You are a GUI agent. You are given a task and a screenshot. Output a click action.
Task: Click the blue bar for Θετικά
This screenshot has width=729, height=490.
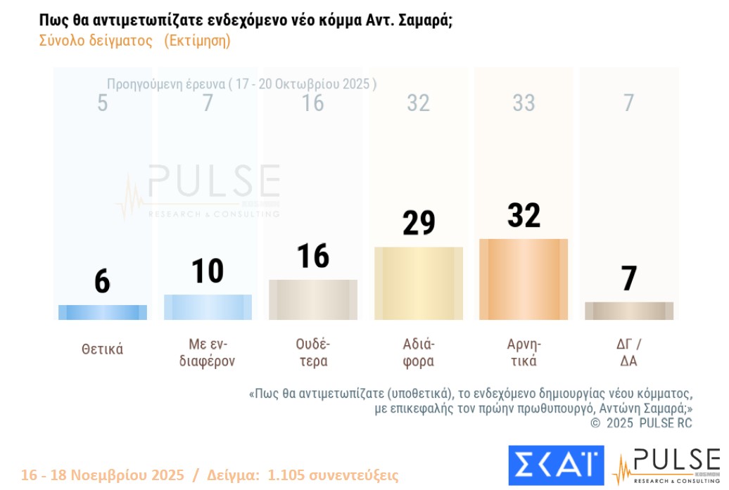tap(102, 313)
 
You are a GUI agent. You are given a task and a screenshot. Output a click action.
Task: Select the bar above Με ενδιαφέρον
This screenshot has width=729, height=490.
tap(208, 307)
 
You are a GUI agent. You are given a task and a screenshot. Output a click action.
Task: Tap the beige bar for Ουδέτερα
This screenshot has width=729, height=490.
tap(313, 300)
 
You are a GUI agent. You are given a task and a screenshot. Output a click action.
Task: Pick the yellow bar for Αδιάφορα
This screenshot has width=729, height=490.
tap(419, 283)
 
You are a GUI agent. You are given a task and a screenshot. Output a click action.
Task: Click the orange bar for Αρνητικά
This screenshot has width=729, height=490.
tap(524, 280)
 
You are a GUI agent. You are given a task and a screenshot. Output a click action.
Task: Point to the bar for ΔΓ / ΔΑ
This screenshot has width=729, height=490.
tap(629, 311)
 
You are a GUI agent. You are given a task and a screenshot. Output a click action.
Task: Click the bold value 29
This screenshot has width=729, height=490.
tap(419, 223)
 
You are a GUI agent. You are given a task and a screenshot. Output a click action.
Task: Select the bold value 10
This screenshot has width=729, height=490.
tap(208, 271)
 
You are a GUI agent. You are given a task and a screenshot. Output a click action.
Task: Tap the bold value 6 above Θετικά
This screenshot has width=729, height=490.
tap(102, 281)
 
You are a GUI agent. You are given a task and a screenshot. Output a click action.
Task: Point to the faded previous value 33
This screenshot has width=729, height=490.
tap(524, 103)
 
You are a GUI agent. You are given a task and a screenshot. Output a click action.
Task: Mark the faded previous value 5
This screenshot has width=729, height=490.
tap(102, 103)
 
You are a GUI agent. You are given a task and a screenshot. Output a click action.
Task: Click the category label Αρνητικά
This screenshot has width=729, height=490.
tap(524, 353)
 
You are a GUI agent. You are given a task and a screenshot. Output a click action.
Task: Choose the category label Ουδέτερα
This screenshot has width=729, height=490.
tap(313, 353)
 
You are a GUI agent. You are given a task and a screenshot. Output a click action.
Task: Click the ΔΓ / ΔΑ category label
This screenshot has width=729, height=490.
tap(629, 353)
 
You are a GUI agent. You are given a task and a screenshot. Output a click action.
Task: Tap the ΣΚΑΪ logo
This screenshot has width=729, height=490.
tap(556, 465)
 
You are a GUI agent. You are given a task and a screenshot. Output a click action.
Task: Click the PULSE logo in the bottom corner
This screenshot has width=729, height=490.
tap(666, 465)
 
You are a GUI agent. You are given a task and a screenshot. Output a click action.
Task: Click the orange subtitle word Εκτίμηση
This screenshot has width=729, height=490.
tap(197, 41)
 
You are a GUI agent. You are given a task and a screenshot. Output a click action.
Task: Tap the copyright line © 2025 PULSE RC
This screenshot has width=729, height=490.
tap(641, 423)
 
